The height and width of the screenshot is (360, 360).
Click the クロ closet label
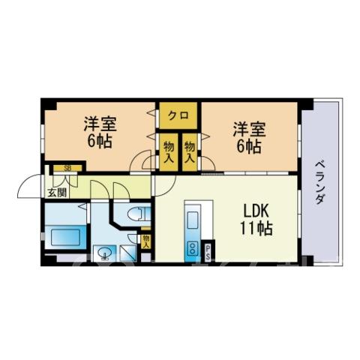pyautogui.click(x=178, y=115)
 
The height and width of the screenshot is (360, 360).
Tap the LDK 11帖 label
pyautogui.click(x=256, y=219)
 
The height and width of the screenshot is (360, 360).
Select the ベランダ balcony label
pyautogui.click(x=319, y=182)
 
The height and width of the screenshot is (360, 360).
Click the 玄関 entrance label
pyautogui.click(x=58, y=193)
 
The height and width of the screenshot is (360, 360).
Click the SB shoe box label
pyautogui.click(x=67, y=168)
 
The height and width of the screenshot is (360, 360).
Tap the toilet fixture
pyautogui.click(x=137, y=214)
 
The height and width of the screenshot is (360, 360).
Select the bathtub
pyautogui.click(x=65, y=237)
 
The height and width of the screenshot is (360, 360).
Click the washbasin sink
pyautogui.click(x=104, y=253)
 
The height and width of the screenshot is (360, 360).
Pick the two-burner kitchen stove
pyautogui.click(x=193, y=248)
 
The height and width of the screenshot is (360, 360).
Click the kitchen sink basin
pyautogui.click(x=193, y=220)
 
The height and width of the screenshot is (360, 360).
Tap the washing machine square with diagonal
pyautogui.click(x=127, y=253)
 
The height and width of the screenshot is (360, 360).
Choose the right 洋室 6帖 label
pyautogui.click(x=249, y=137)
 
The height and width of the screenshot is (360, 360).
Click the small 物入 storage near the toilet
pyautogui.click(x=145, y=241)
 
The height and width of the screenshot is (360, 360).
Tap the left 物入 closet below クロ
pyautogui.click(x=169, y=152)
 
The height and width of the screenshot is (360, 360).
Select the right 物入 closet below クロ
pyautogui.click(x=190, y=152)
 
